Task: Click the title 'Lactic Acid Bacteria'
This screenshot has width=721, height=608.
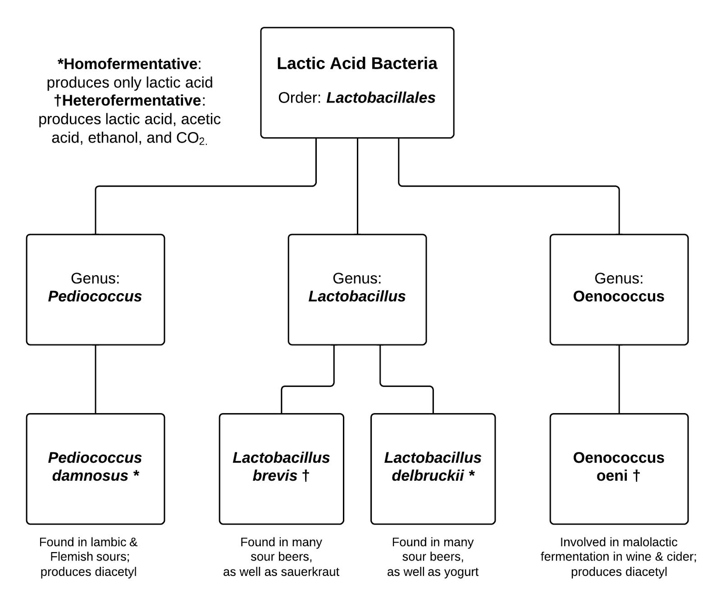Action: click(357, 64)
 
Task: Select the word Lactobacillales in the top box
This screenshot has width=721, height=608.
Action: click(381, 98)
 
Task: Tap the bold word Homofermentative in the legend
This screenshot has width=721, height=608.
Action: click(130, 64)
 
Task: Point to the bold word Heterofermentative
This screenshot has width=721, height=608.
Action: click(131, 100)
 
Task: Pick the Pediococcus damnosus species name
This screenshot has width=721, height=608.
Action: click(95, 466)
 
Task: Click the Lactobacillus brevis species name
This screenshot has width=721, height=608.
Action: click(281, 466)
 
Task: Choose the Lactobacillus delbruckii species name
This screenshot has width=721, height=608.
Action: click(433, 466)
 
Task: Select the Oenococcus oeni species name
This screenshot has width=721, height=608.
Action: click(619, 466)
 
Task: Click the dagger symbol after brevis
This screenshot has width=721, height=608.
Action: click(306, 475)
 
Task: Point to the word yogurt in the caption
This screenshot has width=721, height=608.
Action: click(461, 572)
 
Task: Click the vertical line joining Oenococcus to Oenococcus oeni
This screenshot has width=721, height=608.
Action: click(619, 379)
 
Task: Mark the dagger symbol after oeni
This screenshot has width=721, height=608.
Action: click(636, 475)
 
